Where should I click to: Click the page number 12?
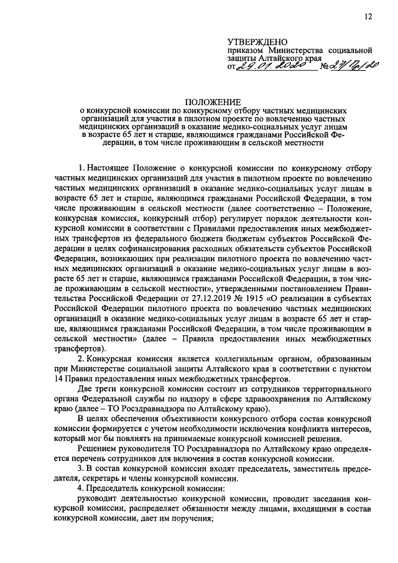tap(368, 17)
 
